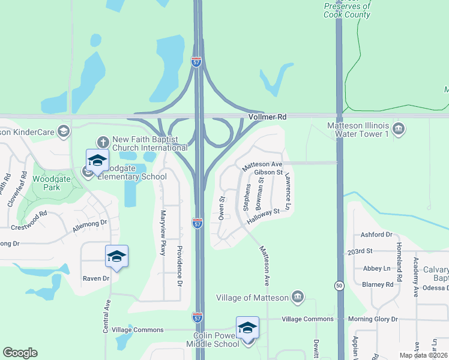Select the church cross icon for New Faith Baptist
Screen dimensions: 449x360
tap(103, 142)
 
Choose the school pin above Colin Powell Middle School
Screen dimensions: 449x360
tap(247, 328)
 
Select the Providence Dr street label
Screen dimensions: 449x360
tap(178, 265)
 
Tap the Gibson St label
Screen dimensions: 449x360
tap(268, 172)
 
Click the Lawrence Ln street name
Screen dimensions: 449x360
tap(288, 191)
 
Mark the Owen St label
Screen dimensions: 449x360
tap(221, 206)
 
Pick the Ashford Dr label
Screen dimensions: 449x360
tap(376, 235)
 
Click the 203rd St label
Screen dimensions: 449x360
tap(360, 251)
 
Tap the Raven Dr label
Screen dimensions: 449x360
tap(96, 278)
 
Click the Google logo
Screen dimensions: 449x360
tap(20, 353)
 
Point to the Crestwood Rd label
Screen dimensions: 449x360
tap(29, 221)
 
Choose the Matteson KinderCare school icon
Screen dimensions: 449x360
tap(64, 131)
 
